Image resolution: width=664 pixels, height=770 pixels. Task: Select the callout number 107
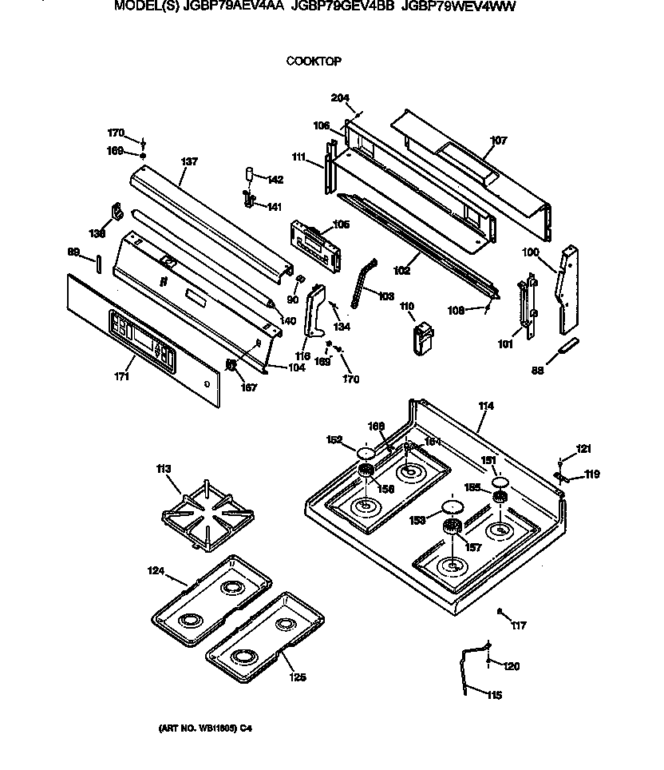tap(498, 141)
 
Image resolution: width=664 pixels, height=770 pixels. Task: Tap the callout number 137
tap(188, 161)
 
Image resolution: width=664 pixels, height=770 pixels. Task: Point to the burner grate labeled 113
tap(206, 518)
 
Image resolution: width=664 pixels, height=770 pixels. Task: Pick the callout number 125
tap(297, 679)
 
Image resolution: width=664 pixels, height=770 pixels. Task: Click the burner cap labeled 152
tap(366, 454)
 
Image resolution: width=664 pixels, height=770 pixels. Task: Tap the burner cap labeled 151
tap(501, 482)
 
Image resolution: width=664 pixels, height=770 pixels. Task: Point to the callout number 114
tap(485, 407)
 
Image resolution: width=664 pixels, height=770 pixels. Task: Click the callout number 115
tap(494, 696)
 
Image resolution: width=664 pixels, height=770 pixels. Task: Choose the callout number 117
tap(520, 625)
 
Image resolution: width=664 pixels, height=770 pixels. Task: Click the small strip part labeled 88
tap(567, 347)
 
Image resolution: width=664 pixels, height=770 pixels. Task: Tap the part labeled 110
tap(423, 335)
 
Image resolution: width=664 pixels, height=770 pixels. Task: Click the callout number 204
tap(340, 98)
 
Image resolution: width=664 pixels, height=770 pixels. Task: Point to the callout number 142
tap(275, 179)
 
